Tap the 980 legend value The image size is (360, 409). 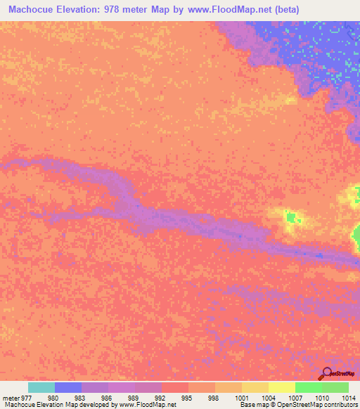pos(53,397)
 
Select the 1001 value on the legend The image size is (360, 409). pos(241,397)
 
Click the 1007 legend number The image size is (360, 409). pos(295,397)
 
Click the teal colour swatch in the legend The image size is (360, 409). pos(41,387)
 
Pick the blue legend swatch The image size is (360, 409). pos(67,387)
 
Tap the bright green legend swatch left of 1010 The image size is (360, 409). pos(308,387)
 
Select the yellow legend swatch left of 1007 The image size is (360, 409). pos(281,387)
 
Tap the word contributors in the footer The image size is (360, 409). pos(340,405)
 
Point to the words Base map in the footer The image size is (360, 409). pos(254,405)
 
